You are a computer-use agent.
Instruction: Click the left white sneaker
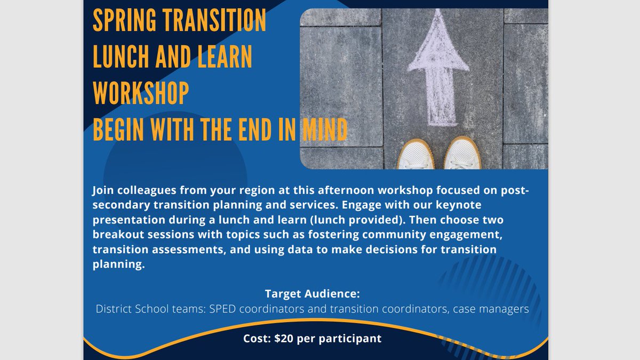417,155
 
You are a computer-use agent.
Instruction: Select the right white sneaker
462,155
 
